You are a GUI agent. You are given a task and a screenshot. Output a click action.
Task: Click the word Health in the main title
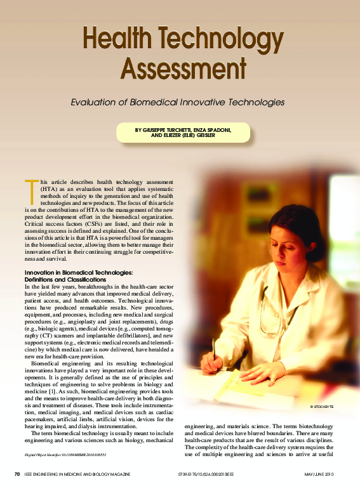coord(120,40)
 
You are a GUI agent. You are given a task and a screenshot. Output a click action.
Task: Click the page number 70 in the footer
coord(17,474)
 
